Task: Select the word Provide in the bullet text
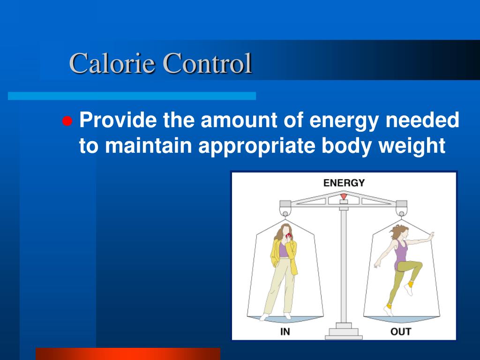(118, 121)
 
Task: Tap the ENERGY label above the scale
(344, 183)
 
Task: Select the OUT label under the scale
(401, 332)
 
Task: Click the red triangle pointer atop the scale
(344, 196)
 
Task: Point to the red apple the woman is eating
(289, 235)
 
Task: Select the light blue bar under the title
(132, 96)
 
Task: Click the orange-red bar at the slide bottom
(127, 353)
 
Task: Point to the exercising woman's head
(401, 232)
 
